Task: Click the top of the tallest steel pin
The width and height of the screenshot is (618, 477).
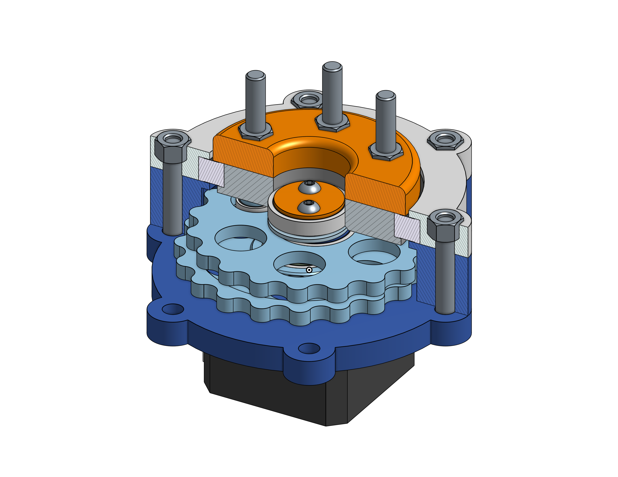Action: click(332, 67)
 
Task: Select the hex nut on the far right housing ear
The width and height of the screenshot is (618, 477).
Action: click(445, 140)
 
